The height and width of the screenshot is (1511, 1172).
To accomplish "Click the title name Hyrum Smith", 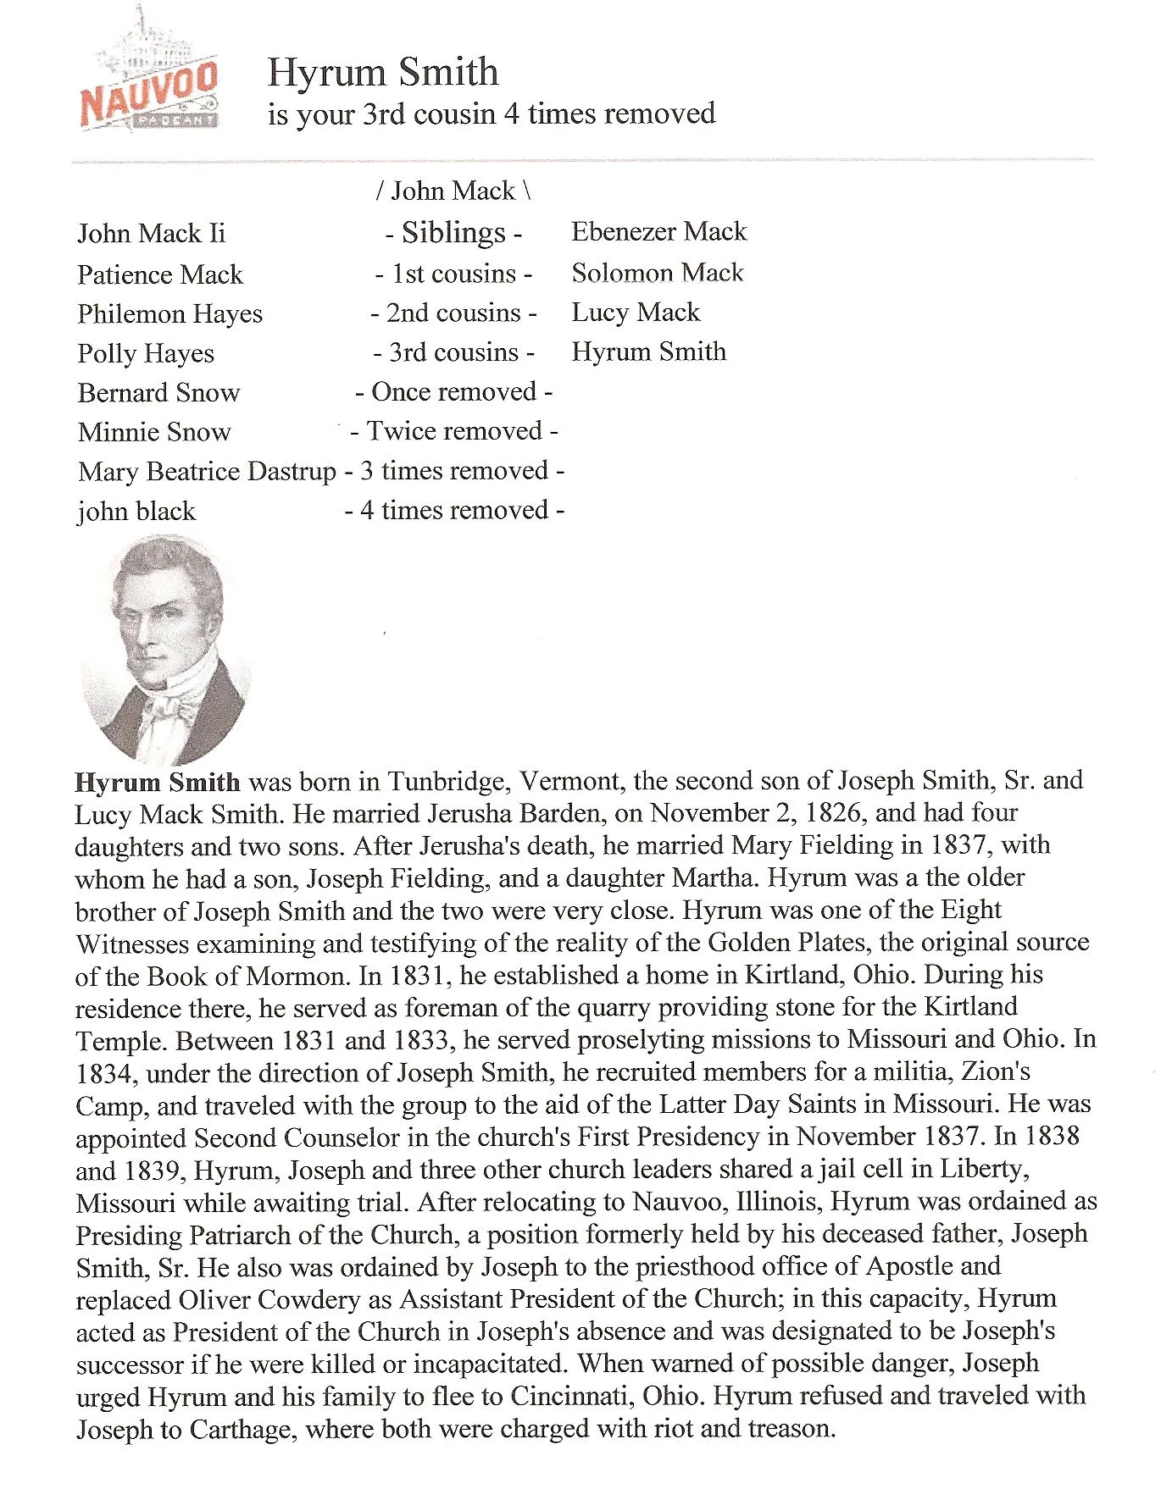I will pyautogui.click(x=382, y=72).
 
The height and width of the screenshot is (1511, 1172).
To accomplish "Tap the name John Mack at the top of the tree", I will pyautogui.click(x=453, y=191).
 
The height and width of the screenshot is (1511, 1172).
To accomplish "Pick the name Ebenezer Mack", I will pyautogui.click(x=658, y=231).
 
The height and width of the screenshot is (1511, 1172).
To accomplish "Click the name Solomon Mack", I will pyautogui.click(x=657, y=272).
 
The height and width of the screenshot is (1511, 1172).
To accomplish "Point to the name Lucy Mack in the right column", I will pyautogui.click(x=636, y=312).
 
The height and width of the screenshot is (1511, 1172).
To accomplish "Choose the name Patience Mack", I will pyautogui.click(x=159, y=274).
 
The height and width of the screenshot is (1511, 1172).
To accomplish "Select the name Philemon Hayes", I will pyautogui.click(x=169, y=313).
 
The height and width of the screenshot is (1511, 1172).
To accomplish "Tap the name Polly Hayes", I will pyautogui.click(x=145, y=353).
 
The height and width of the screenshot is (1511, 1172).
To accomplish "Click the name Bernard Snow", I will pyautogui.click(x=158, y=392).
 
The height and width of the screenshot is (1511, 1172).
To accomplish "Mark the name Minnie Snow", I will pyautogui.click(x=153, y=432).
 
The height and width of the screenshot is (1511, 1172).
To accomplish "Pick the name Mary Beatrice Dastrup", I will pyautogui.click(x=207, y=471).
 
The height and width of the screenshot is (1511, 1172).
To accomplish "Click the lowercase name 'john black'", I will pyautogui.click(x=136, y=511).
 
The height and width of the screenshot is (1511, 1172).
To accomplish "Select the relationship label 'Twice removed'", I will pyautogui.click(x=453, y=431).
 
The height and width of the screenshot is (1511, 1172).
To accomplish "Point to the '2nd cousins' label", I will pyautogui.click(x=453, y=313).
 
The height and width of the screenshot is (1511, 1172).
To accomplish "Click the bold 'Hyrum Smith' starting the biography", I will pyautogui.click(x=158, y=782).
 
